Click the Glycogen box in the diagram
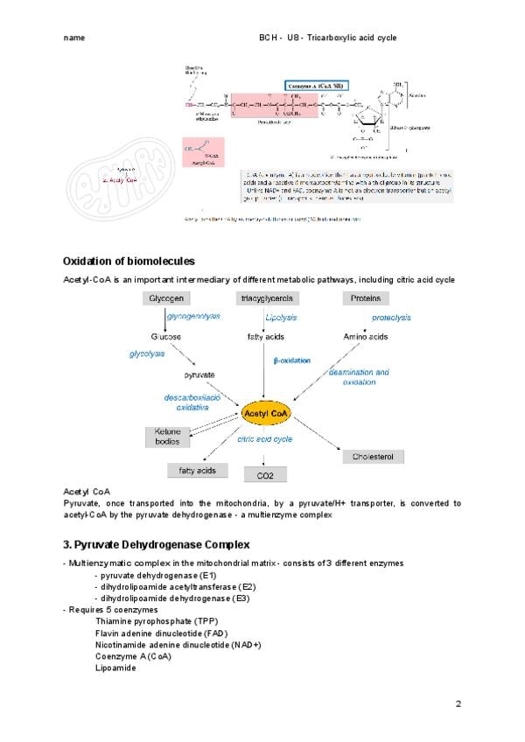click(x=166, y=298)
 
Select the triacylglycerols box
click(x=266, y=298)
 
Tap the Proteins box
click(x=365, y=298)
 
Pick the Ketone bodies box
click(x=166, y=437)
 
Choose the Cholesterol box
click(x=373, y=457)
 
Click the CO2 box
click(x=265, y=475)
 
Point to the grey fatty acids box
click(x=198, y=471)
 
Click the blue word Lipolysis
click(x=281, y=317)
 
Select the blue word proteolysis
click(x=391, y=317)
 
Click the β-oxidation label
click(x=291, y=360)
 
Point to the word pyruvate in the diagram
click(x=199, y=374)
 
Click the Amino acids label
click(x=366, y=336)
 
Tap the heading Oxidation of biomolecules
click(x=129, y=261)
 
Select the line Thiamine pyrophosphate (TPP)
click(x=155, y=620)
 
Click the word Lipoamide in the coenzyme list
click(x=115, y=668)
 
